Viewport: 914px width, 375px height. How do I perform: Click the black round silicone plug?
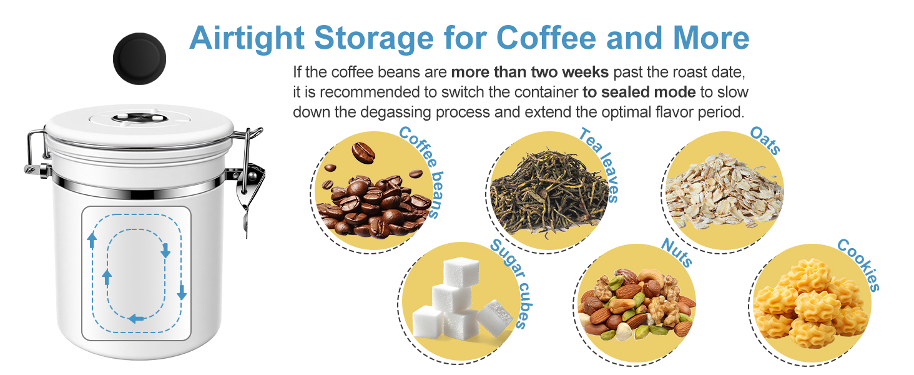[140, 59]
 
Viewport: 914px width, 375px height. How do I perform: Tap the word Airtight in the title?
[247, 38]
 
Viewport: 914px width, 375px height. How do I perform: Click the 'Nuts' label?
[677, 252]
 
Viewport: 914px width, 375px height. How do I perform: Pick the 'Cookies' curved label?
[859, 264]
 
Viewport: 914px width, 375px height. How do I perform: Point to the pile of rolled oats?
[724, 191]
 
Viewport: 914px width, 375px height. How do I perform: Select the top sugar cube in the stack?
[461, 272]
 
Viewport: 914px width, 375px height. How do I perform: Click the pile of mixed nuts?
[637, 305]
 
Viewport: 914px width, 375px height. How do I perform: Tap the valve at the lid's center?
[140, 119]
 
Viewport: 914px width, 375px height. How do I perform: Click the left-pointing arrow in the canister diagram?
[136, 318]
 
